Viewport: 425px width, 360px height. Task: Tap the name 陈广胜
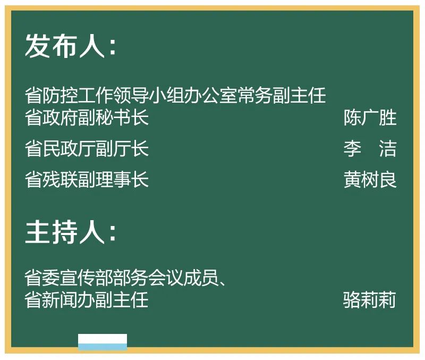(370, 118)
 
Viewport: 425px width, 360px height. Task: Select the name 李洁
(370, 149)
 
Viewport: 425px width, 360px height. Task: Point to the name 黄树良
(370, 180)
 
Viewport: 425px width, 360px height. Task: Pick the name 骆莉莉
(370, 300)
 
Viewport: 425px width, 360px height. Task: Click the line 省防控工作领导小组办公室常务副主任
(175, 96)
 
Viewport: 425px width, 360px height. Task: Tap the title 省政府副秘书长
(87, 118)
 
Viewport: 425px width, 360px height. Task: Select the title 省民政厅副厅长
(87, 149)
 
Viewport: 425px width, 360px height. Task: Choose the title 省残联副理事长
(87, 180)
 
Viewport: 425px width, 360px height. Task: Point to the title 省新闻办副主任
(87, 300)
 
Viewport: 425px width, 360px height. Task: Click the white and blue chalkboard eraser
(103, 342)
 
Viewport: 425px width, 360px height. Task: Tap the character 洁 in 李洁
(388, 149)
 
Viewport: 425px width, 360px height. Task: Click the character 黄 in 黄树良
(352, 180)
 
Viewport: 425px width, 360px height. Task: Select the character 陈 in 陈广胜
(352, 118)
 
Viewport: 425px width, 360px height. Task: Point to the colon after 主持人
(113, 234)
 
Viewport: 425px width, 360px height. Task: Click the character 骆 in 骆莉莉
(352, 300)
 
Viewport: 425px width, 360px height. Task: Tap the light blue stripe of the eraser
(103, 347)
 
